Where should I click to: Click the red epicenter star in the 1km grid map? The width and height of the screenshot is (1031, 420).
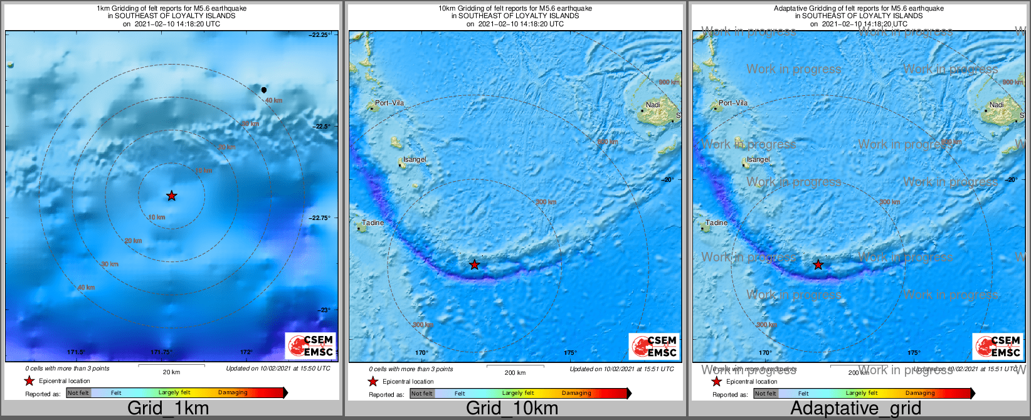[x=171, y=196]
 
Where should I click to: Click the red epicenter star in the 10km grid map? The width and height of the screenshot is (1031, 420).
[x=475, y=265]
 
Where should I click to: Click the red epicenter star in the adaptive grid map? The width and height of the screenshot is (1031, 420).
[x=818, y=265]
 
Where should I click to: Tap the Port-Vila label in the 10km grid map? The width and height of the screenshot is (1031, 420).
[x=389, y=103]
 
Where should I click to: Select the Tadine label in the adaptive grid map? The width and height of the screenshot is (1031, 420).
[x=716, y=223]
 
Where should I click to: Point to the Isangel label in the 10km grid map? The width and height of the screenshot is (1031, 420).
[x=415, y=159]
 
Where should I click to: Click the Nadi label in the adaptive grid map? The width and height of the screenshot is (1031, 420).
[x=997, y=105]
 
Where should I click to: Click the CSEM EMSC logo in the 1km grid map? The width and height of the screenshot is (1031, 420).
[x=311, y=346]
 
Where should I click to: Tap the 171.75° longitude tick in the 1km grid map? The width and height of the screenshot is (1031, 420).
[x=161, y=352]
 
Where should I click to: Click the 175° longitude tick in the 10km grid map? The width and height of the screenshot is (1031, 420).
[x=569, y=353]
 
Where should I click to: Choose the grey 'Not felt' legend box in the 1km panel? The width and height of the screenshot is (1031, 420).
[x=78, y=393]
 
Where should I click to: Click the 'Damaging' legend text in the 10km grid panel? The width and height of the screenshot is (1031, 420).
[x=576, y=393]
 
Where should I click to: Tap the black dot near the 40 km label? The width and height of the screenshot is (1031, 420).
[x=264, y=90]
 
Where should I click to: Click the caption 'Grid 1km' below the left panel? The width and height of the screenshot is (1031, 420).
[x=168, y=408]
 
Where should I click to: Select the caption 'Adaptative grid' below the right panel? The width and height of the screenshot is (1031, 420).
[x=855, y=408]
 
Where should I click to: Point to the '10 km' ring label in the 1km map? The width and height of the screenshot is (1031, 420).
[x=156, y=218]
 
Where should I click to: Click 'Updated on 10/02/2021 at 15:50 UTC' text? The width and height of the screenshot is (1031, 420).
[x=278, y=369]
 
